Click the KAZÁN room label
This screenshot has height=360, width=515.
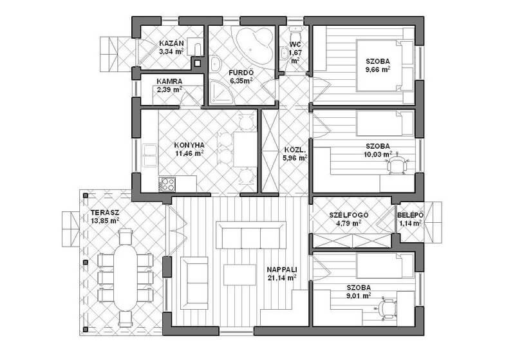(171, 43)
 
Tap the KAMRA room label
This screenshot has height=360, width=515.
(169, 81)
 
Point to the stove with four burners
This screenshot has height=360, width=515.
(167, 184)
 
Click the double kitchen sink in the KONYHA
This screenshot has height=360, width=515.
(150, 155)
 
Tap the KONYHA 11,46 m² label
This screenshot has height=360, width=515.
(189, 149)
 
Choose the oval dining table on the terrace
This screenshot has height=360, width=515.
(126, 278)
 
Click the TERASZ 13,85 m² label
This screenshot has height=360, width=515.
(105, 217)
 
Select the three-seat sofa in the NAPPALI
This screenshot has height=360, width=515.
(251, 235)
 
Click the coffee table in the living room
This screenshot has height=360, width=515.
(239, 275)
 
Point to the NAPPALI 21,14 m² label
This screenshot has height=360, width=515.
(282, 274)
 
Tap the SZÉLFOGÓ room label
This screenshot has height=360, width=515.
(349, 215)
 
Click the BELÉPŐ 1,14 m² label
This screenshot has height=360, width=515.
(410, 220)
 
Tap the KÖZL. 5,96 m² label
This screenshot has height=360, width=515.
(295, 154)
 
